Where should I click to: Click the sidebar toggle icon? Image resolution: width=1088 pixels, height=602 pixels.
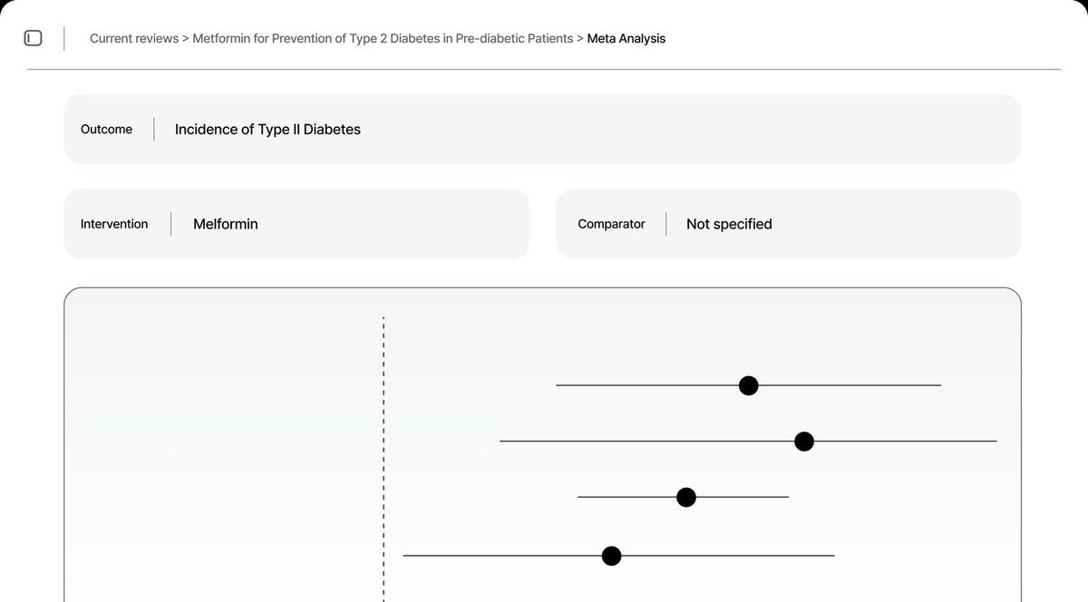33,38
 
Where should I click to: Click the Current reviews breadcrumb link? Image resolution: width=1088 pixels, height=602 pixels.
133,39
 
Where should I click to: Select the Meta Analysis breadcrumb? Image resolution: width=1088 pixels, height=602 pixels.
626,39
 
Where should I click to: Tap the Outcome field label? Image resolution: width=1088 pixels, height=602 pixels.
106,130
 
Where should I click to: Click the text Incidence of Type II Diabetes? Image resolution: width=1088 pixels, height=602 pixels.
267,130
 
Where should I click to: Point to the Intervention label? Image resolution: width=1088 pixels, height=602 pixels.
114,224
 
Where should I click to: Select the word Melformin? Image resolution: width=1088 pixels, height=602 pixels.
225,224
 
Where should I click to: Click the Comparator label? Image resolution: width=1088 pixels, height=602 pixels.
611,224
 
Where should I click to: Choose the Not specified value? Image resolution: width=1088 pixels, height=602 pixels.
729,224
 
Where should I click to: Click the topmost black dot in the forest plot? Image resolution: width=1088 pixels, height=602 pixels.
748,385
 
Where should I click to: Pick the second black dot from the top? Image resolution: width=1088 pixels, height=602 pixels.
803,442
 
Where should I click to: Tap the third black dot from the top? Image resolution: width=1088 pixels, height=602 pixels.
686,497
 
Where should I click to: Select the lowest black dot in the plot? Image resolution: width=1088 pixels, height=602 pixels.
611,555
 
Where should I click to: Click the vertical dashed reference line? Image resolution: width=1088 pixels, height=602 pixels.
384,453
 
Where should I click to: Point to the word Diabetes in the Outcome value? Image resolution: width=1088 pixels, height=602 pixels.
332,130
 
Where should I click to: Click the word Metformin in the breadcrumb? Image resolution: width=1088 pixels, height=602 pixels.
223,39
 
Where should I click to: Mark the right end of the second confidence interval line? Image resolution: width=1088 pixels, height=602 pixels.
996,442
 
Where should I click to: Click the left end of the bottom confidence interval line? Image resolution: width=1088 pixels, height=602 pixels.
404,555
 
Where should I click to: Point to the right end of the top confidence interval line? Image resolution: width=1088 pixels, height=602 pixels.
939,385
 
